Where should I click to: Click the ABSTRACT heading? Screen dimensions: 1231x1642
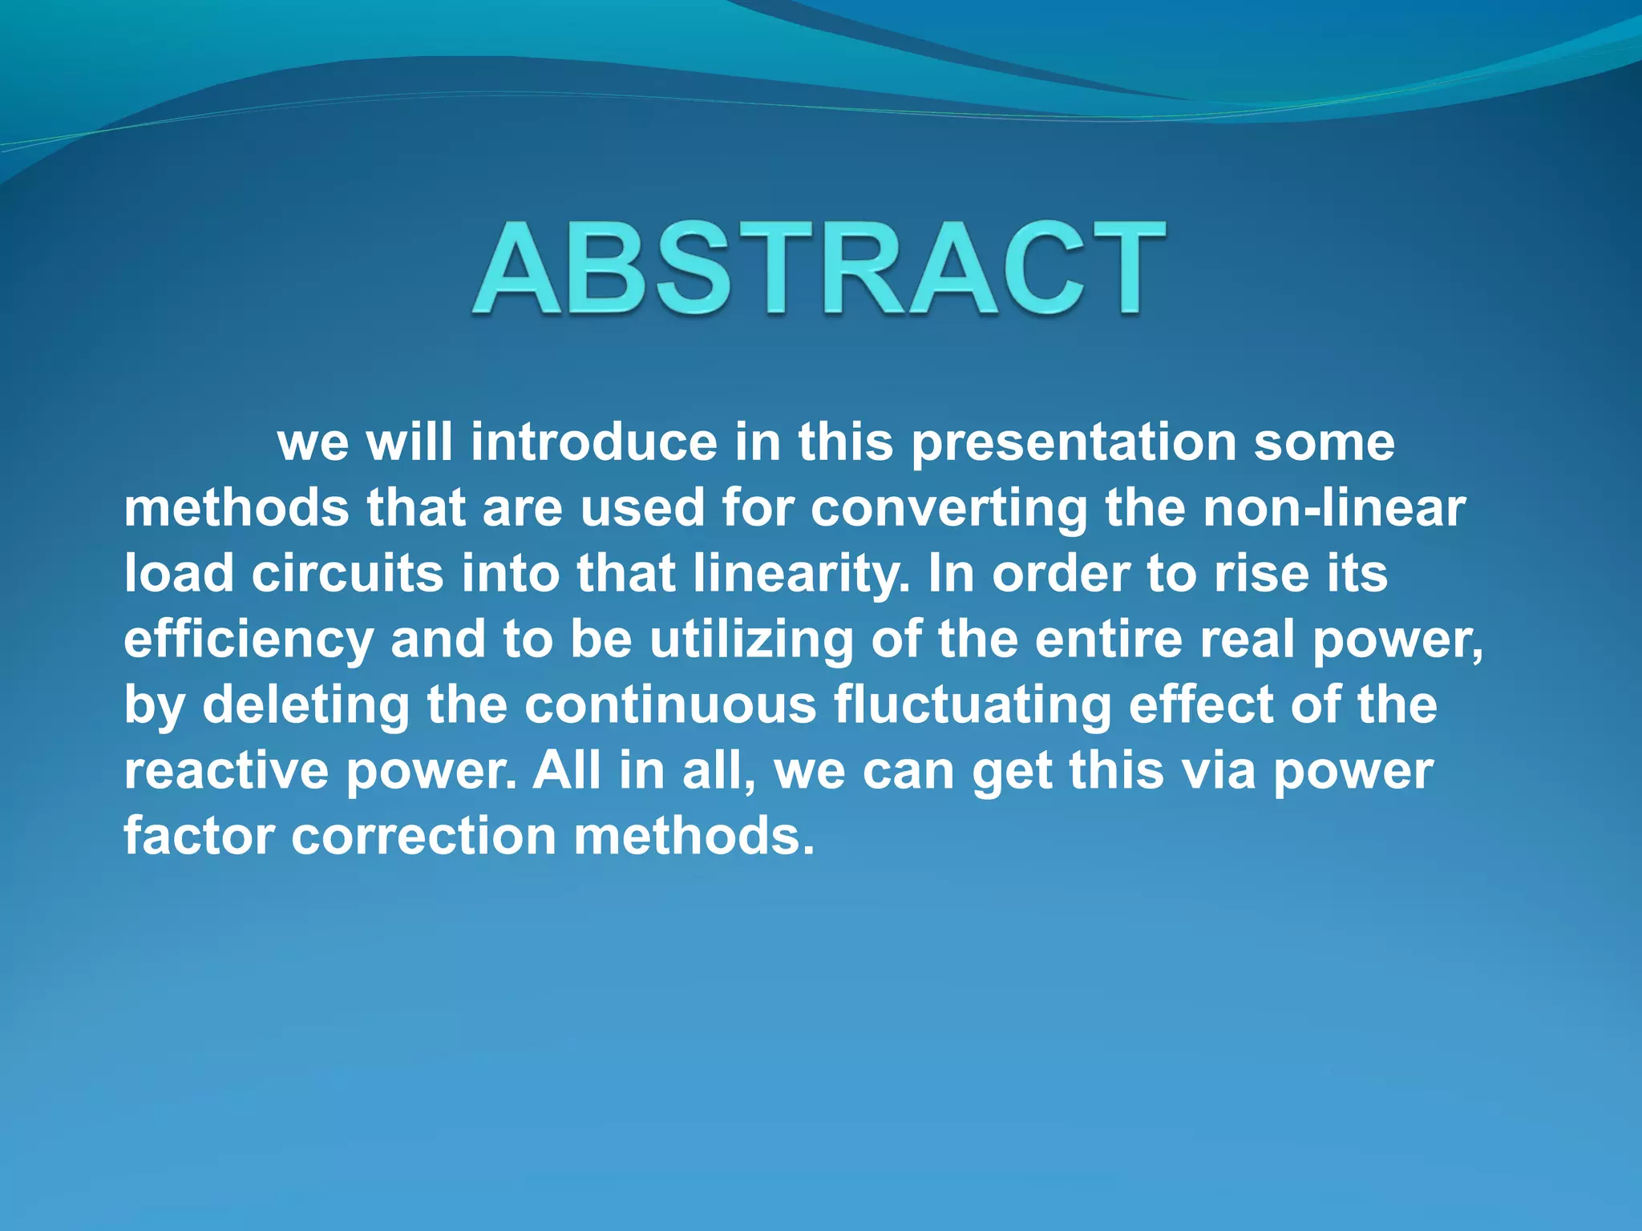[818, 268]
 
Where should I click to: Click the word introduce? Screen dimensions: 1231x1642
[593, 442]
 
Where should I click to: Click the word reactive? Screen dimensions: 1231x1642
[226, 771]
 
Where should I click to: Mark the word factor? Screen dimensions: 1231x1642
[199, 836]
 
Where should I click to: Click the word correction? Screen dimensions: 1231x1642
[423, 836]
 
